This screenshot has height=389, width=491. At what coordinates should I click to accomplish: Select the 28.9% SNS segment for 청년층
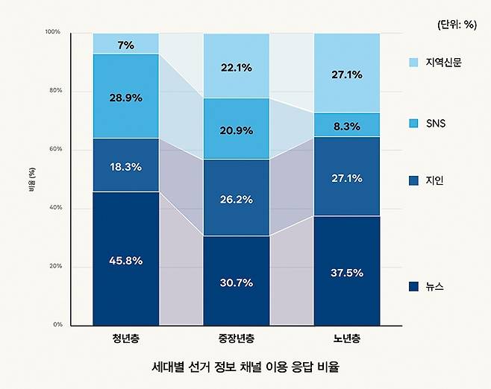(x=126, y=96)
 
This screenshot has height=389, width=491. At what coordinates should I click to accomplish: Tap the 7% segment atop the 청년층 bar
(x=126, y=44)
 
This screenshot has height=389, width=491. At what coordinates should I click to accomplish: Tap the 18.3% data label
(x=126, y=167)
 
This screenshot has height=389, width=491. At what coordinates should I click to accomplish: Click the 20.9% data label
(x=237, y=130)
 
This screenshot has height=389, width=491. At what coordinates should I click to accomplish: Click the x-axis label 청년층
(x=126, y=340)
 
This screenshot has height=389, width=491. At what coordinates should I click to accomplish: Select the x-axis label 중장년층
(x=237, y=340)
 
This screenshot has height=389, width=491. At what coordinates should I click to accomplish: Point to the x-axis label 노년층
(x=347, y=340)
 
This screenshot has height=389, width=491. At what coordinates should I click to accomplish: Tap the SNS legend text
(x=436, y=122)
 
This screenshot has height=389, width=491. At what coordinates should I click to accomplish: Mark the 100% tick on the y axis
(x=52, y=33)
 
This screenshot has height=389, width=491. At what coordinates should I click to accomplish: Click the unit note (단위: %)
(x=456, y=24)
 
